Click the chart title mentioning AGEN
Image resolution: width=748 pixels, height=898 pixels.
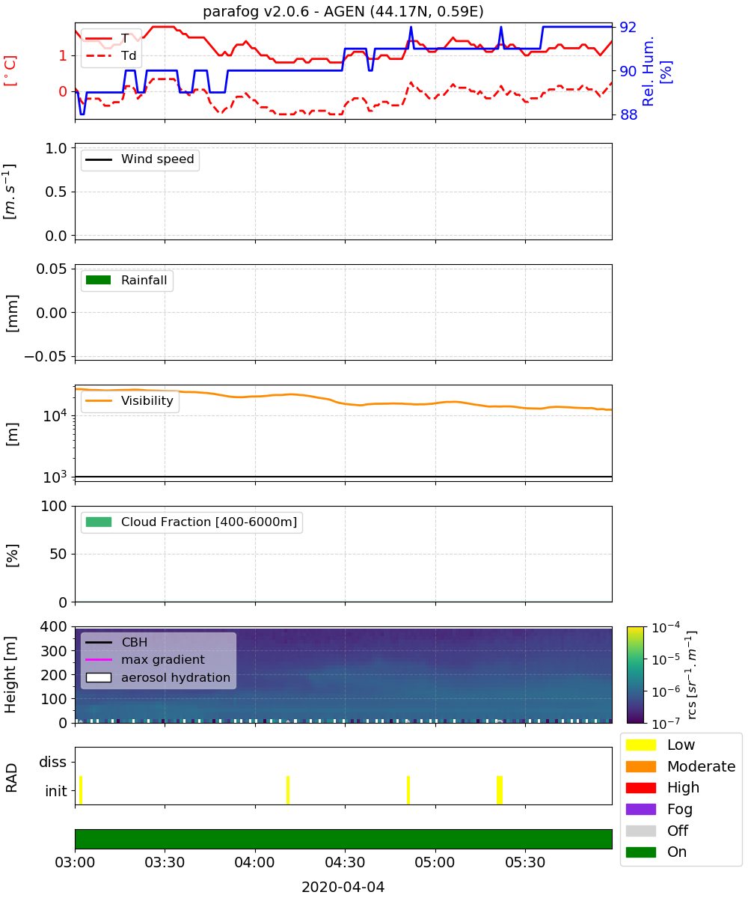(x=343, y=11)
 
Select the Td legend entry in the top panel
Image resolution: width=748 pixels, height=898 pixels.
(x=111, y=55)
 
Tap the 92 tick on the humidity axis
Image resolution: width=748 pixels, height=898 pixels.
(x=628, y=27)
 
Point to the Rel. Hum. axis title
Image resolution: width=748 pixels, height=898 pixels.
(x=657, y=71)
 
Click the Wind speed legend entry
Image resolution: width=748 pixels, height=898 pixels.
(x=140, y=159)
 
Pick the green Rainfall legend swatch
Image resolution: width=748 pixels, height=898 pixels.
(x=99, y=280)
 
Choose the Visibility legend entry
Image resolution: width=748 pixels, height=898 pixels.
(x=129, y=400)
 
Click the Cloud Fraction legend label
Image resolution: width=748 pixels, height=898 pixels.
(x=209, y=522)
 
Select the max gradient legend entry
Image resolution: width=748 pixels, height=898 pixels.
(x=145, y=659)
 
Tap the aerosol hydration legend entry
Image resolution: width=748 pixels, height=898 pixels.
(x=158, y=677)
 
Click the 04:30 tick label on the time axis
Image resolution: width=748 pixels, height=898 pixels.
(x=345, y=862)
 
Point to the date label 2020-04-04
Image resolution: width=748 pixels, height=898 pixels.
(x=343, y=887)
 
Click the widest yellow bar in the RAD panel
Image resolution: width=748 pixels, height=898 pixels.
(x=500, y=790)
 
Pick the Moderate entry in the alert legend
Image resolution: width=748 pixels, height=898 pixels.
(x=681, y=766)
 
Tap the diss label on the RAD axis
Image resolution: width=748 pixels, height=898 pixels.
(x=53, y=762)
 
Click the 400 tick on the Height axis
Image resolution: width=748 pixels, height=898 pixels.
(x=53, y=626)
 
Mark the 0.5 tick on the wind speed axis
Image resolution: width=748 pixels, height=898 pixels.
(x=56, y=192)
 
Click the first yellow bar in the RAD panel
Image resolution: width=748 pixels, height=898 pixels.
(x=81, y=790)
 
